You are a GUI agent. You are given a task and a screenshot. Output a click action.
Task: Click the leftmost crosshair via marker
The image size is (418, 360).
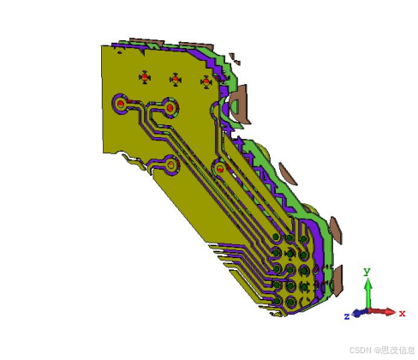click(x=145, y=78)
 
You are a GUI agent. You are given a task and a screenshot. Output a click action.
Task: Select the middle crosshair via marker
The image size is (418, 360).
click(x=175, y=80)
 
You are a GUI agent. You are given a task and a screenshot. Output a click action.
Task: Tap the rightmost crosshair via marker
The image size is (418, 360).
click(x=206, y=81)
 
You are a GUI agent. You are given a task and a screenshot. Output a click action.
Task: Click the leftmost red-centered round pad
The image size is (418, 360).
click(x=121, y=104)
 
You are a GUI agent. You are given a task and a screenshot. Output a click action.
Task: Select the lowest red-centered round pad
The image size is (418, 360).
click(x=220, y=170)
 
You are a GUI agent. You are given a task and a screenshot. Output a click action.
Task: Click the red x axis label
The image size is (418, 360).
click(x=402, y=314)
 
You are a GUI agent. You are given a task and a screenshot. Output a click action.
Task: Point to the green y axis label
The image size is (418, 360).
click(x=367, y=272)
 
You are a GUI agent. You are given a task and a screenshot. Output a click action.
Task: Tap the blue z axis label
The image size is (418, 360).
click(x=347, y=316)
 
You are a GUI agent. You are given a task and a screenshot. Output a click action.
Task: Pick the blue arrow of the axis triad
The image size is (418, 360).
click(x=358, y=313)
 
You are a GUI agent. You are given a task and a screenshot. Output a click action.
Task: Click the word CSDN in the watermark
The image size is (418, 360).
click(x=360, y=351)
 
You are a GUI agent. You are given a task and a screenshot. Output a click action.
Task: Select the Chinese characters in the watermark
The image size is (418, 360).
click(x=397, y=351)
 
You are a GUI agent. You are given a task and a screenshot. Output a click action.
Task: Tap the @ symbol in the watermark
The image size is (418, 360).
click(x=375, y=351)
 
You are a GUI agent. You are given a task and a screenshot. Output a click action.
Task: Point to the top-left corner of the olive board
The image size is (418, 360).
click(x=103, y=46)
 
